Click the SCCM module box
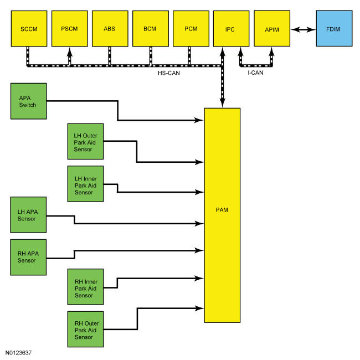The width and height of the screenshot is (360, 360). click(x=29, y=29)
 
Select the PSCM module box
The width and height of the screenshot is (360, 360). click(x=70, y=29)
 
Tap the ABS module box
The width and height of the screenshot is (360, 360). click(x=110, y=29)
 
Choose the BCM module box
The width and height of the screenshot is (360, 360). click(x=151, y=29)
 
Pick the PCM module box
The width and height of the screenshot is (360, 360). click(x=191, y=29)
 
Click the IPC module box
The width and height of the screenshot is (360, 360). click(x=231, y=29)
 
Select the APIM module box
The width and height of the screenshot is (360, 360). click(x=272, y=28)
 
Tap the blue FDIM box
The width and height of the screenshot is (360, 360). click(x=334, y=28)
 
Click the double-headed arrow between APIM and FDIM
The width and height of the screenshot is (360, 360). click(x=303, y=29)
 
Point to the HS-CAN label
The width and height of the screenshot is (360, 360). click(x=169, y=73)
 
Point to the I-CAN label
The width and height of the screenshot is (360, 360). click(x=255, y=73)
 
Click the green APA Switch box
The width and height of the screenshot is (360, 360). click(x=28, y=101)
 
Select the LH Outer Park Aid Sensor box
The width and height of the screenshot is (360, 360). click(x=85, y=141)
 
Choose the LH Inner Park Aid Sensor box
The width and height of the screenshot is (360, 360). click(x=85, y=184)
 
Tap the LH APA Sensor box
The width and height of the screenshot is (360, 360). click(x=28, y=215)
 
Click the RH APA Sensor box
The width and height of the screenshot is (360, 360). click(x=28, y=257)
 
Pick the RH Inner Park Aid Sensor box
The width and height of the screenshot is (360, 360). click(x=85, y=287)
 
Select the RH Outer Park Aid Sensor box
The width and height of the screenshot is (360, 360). click(x=85, y=329)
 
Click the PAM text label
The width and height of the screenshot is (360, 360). click(x=222, y=210)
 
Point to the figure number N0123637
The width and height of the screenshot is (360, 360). click(x=18, y=353)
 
